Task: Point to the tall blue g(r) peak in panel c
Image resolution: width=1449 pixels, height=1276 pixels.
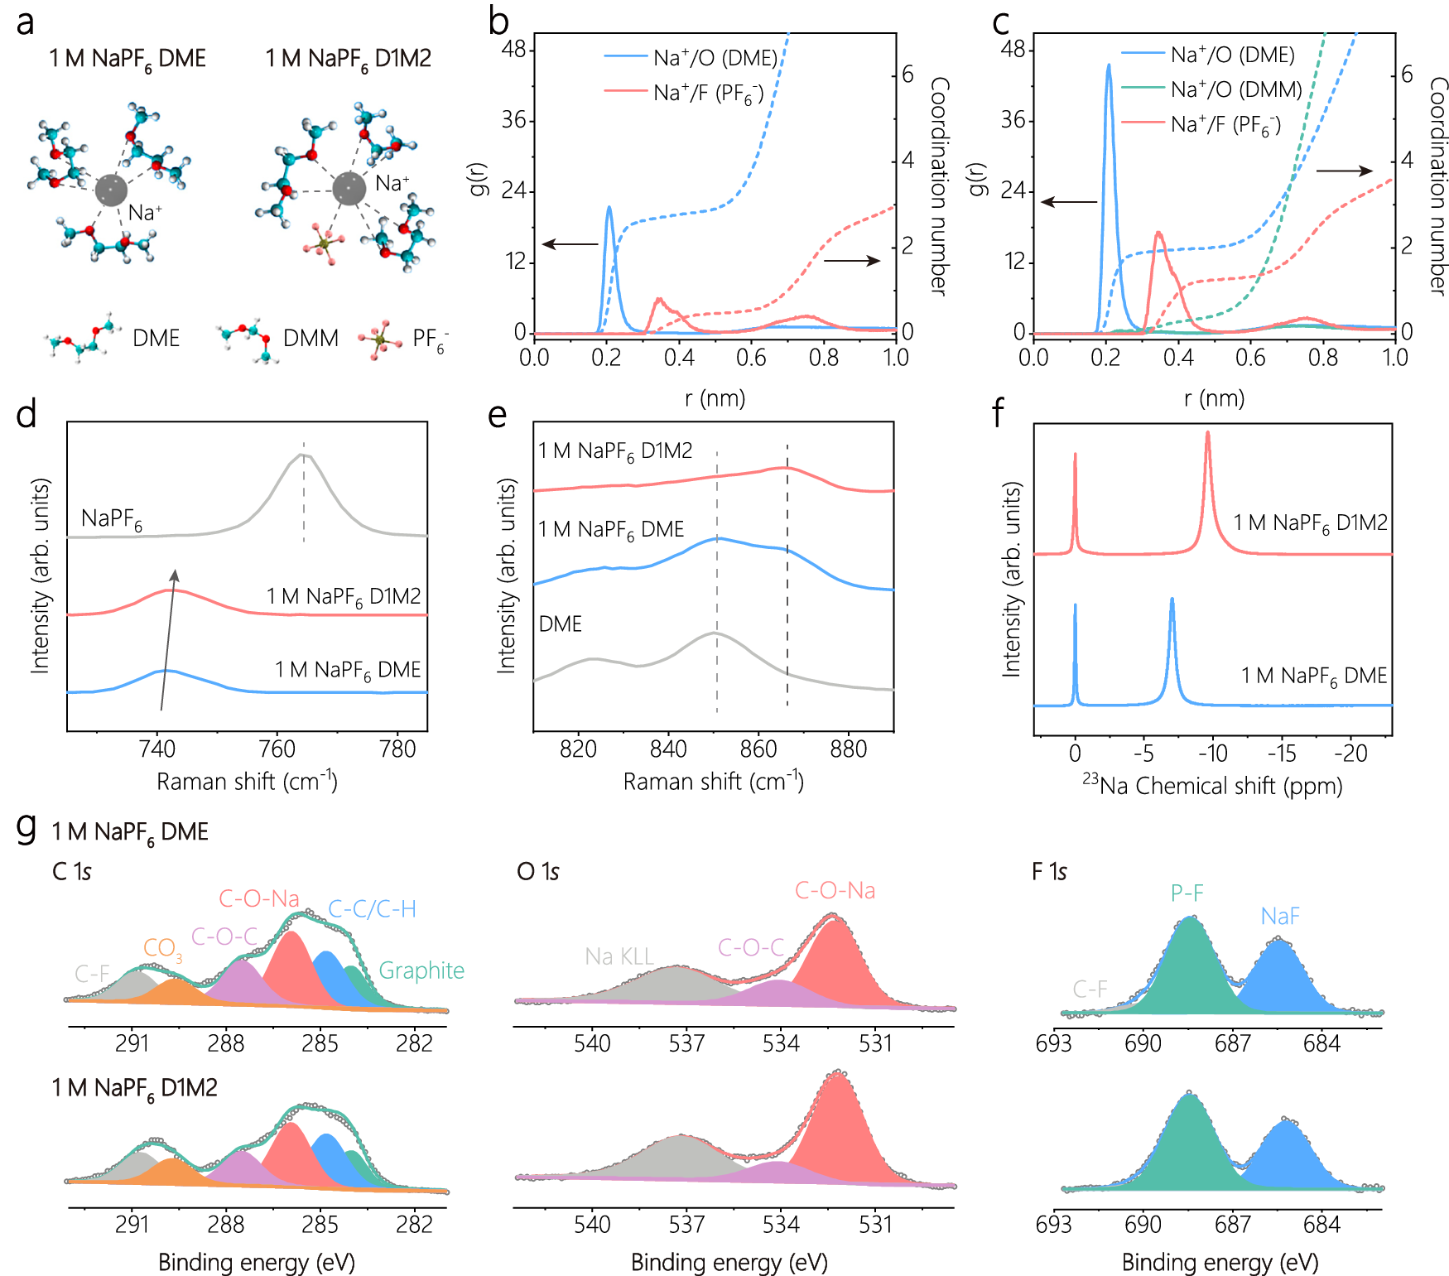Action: click(1109, 66)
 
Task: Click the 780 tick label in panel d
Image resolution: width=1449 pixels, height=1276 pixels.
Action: click(397, 749)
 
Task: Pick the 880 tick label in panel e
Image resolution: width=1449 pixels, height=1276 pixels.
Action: click(848, 749)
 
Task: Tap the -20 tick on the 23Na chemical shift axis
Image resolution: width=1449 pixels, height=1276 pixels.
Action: click(1350, 754)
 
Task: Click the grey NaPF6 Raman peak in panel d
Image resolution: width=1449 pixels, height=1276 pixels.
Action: click(303, 455)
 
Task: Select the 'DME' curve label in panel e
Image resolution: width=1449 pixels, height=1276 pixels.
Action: click(561, 624)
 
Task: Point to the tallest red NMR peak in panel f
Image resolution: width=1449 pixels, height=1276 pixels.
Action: click(1207, 433)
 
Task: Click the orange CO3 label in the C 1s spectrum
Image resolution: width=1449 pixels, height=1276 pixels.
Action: click(162, 948)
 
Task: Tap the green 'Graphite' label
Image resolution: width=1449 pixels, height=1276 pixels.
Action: click(421, 970)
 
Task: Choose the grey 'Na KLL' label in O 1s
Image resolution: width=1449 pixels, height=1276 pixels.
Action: click(619, 956)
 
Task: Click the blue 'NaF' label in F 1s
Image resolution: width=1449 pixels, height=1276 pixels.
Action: click(1280, 916)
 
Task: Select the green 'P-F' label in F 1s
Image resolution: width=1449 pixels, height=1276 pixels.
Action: click(1187, 893)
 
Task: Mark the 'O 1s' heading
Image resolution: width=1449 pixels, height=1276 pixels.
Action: click(537, 871)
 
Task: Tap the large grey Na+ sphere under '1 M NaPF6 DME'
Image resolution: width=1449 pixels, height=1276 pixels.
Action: click(112, 190)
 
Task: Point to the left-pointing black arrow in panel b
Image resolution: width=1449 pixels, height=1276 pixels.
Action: click(570, 244)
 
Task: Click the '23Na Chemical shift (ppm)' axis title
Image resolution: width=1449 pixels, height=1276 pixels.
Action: click(1212, 785)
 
